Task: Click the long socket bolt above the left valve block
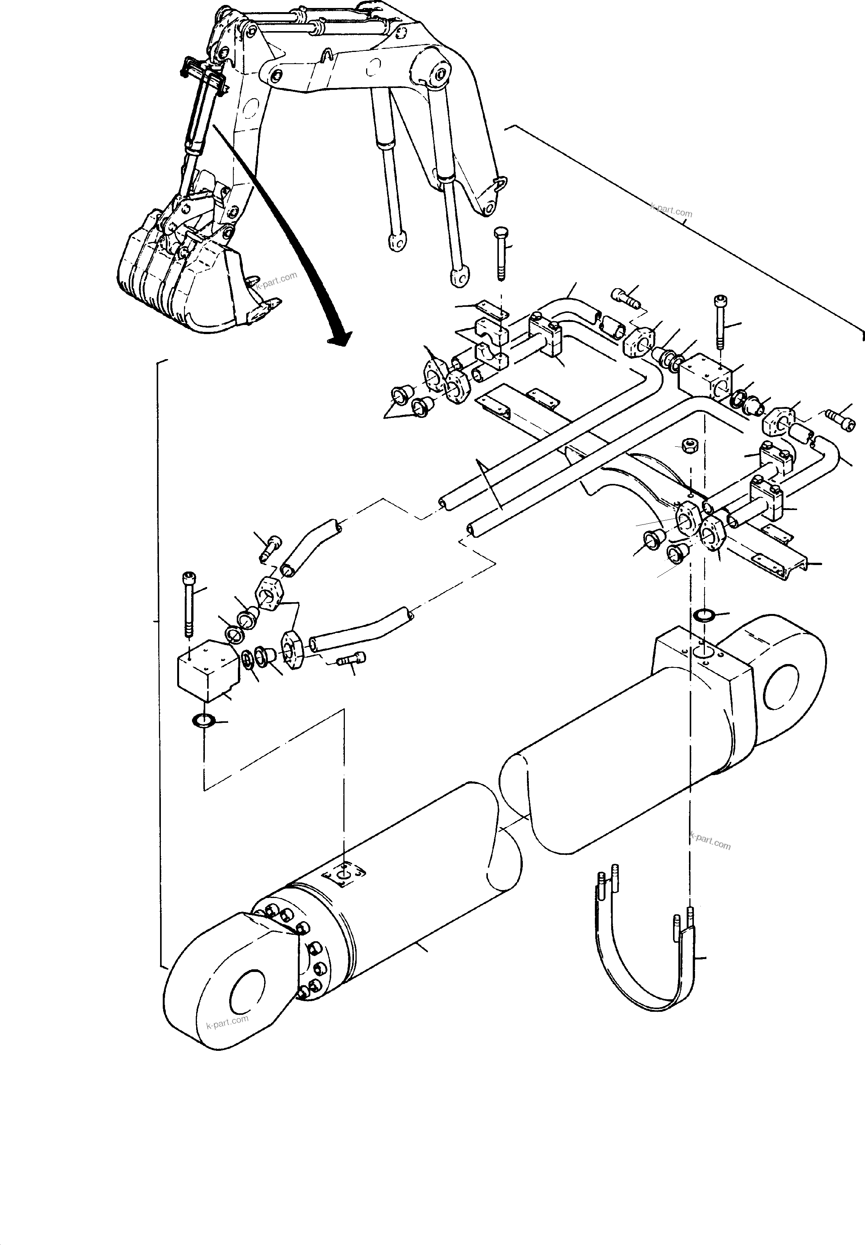click(x=188, y=604)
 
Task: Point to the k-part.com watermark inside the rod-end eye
click(x=227, y=1021)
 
